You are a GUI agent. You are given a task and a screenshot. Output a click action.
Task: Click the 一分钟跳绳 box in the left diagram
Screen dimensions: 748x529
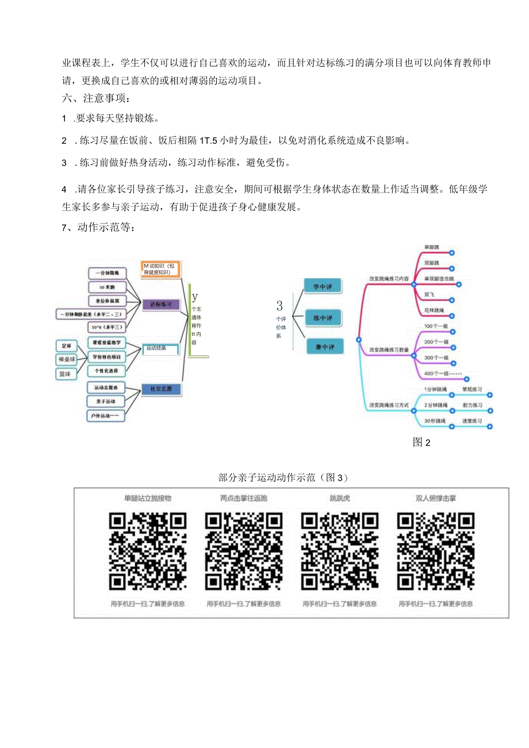(x=107, y=273)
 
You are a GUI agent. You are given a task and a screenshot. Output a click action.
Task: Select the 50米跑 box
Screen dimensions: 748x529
(x=107, y=286)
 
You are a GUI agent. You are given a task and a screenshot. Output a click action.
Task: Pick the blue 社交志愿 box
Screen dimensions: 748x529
(x=162, y=389)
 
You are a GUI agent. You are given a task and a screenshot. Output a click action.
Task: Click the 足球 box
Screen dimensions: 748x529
(x=67, y=347)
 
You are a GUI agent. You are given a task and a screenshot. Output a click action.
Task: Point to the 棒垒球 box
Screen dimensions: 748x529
(x=67, y=360)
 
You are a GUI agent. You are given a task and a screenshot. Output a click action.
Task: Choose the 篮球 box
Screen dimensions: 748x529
(x=67, y=374)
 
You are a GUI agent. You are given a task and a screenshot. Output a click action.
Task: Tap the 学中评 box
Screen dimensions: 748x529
(x=324, y=286)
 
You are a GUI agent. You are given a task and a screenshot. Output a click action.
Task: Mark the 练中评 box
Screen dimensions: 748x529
(x=324, y=316)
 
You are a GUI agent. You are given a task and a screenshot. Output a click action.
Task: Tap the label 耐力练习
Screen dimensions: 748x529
(x=472, y=406)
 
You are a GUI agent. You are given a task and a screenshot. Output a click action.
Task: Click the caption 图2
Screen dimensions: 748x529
(x=421, y=442)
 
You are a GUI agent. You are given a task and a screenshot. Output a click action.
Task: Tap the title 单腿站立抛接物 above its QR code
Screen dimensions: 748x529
(x=148, y=498)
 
